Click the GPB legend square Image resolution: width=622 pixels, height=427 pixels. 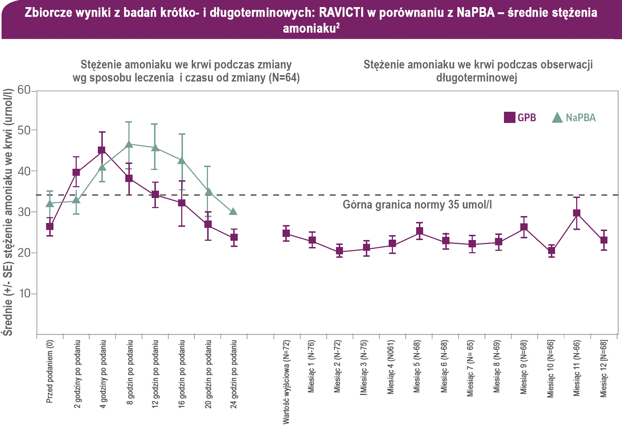tap(509, 118)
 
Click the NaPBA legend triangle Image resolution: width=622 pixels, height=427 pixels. tap(557, 118)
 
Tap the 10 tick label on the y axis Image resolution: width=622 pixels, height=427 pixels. tap(24, 294)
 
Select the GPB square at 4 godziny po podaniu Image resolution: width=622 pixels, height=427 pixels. tap(102, 150)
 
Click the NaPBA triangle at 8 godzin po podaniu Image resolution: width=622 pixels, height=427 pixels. tap(129, 144)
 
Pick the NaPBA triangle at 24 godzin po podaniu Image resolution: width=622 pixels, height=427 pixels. tap(233, 212)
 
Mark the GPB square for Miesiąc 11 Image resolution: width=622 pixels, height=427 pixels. tap(577, 213)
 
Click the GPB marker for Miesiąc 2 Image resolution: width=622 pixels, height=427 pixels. tap(339, 251)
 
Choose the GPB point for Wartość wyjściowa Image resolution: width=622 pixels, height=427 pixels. tap(286, 233)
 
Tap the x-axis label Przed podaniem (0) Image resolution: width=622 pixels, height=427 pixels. tap(49, 372)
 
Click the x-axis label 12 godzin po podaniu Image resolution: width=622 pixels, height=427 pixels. tap(155, 374)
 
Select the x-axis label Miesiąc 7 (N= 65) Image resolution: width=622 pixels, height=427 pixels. tap(470, 368)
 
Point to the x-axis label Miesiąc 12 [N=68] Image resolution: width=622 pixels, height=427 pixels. tap(603, 368)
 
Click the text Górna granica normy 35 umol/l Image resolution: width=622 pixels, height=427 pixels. tap(417, 205)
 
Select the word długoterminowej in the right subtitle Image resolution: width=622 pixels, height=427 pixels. tap(476, 78)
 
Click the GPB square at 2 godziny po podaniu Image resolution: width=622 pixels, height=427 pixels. tap(76, 173)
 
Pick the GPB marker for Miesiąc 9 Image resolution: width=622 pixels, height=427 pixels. tap(524, 227)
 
